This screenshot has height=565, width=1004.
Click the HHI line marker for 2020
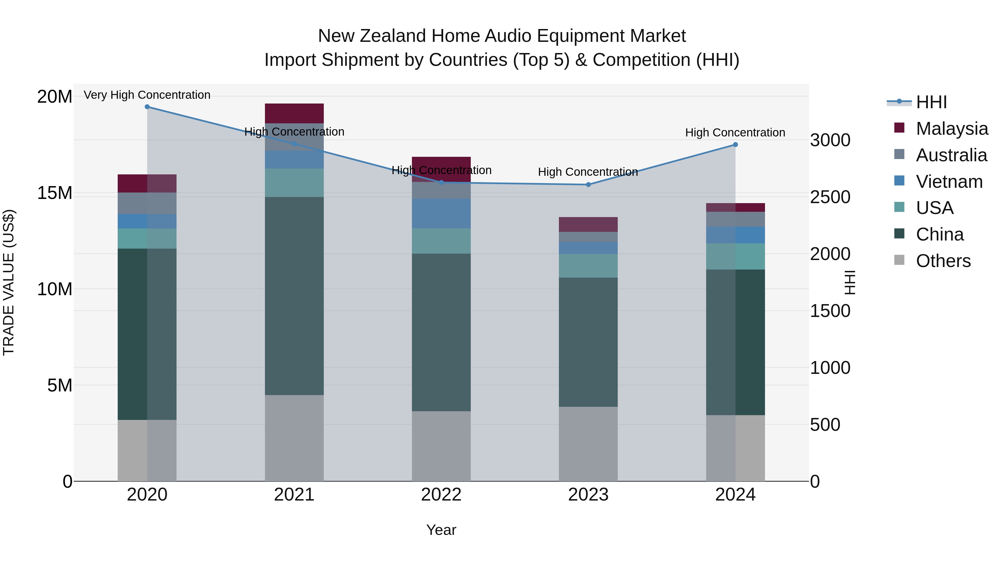[x=147, y=107]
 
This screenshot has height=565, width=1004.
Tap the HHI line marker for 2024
[x=735, y=145]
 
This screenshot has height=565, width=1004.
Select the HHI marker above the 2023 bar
[x=588, y=184]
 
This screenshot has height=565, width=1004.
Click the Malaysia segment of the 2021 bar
[x=294, y=114]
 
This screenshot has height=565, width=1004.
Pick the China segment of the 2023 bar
[x=588, y=342]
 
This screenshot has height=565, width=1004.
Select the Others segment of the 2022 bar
[x=441, y=446]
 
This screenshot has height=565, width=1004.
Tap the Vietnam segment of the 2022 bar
[x=441, y=213]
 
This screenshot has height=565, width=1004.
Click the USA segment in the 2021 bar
[x=294, y=182]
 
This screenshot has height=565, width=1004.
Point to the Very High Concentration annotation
[x=147, y=95]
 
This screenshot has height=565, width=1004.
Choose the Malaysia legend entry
[x=951, y=129]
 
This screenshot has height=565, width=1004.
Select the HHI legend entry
[x=931, y=102]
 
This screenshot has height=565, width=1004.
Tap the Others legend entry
[x=943, y=261]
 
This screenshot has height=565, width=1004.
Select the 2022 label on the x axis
[x=441, y=495]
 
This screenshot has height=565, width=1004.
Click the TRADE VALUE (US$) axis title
[x=9, y=282]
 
